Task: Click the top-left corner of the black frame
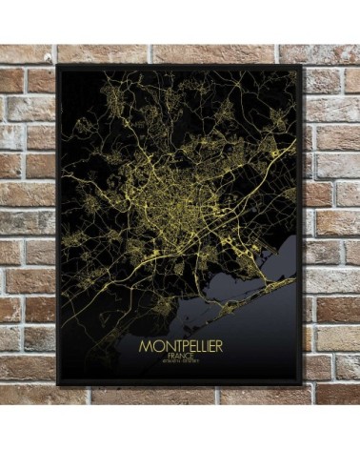point(57,66)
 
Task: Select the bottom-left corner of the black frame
point(57,384)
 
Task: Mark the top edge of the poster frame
point(180,67)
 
